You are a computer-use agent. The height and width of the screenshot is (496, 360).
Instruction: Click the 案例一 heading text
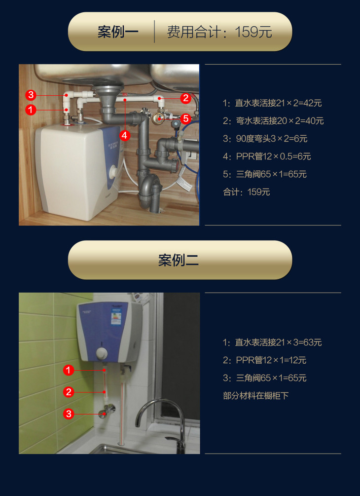118,32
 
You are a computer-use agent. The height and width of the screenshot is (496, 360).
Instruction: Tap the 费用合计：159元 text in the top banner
219,32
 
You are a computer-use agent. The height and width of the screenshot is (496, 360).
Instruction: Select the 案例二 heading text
179,260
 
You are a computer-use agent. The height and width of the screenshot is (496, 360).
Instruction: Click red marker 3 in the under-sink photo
31,95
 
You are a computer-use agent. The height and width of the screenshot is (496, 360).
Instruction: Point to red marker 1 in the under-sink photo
31,110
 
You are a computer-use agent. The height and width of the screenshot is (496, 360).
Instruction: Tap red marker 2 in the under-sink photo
185,98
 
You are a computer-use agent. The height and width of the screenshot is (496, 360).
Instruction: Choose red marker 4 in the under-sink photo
125,135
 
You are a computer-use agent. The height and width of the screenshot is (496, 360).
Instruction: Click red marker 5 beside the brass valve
185,118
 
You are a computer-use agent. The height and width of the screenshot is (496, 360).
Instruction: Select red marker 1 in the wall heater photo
68,370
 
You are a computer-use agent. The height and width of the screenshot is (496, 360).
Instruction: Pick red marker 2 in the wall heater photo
68,392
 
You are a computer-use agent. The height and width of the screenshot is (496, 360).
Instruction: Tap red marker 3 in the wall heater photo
68,414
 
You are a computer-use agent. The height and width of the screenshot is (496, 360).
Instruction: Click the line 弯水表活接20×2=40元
273,121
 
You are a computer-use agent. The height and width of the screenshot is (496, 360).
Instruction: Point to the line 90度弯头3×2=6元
265,139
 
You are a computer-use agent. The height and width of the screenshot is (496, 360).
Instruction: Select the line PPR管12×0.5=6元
267,156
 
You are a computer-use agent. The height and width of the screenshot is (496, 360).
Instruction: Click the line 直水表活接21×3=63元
272,343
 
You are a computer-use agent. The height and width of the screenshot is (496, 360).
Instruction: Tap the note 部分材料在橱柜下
255,396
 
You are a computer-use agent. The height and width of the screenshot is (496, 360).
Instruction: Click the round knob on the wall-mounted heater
102,353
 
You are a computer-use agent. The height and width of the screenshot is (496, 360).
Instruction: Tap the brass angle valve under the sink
157,117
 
